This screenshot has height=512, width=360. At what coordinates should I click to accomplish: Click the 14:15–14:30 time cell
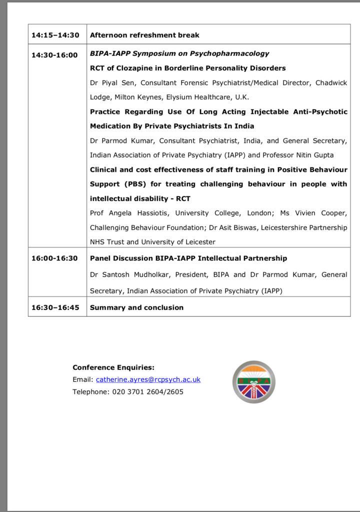coord(55,35)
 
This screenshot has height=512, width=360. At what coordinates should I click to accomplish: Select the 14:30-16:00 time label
coord(54,55)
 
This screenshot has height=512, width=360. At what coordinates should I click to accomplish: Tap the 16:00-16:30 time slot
coord(54,258)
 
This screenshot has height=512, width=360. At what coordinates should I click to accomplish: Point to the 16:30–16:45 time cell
coord(55,307)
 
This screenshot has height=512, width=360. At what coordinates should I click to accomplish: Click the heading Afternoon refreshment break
coord(144,35)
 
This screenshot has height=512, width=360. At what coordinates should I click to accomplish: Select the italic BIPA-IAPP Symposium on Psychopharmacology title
coord(179,53)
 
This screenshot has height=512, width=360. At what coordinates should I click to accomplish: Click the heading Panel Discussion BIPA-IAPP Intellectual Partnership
coord(188,258)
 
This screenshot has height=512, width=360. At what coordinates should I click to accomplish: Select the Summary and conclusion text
coord(136,307)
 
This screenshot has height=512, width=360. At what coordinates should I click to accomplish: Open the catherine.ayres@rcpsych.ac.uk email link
coord(148,379)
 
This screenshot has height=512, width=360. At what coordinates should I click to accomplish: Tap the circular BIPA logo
coord(253,381)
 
